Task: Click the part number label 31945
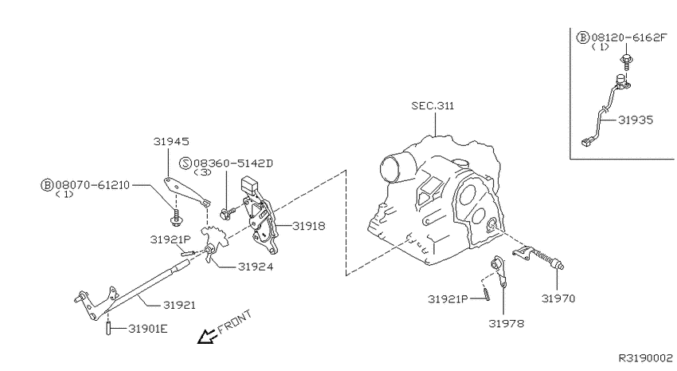point(171,141)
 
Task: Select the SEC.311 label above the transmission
point(432,106)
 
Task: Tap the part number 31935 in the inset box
point(636,120)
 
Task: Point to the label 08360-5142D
point(233,164)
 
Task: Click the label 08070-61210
point(92,185)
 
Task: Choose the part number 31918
point(309,226)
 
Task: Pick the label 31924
point(256,266)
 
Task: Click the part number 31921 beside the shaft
point(179,305)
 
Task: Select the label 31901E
point(147,329)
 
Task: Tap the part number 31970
point(558,298)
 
